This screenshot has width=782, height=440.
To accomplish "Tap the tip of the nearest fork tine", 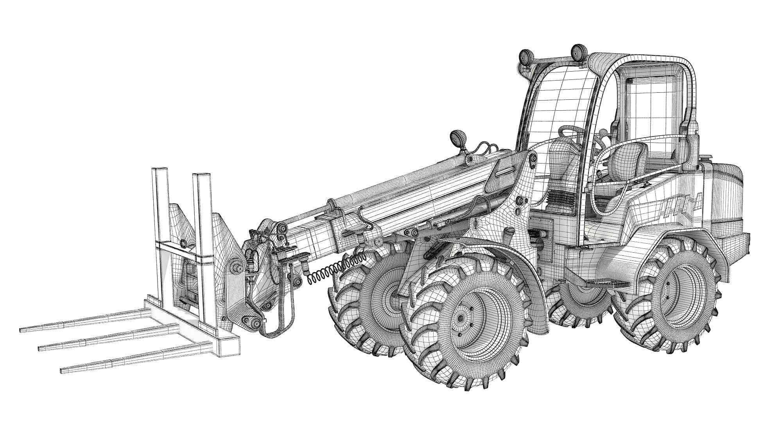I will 63,370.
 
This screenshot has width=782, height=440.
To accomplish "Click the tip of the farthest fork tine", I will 22,330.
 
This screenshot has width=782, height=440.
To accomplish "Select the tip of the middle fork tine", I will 40,348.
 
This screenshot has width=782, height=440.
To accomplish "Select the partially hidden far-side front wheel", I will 371,297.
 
